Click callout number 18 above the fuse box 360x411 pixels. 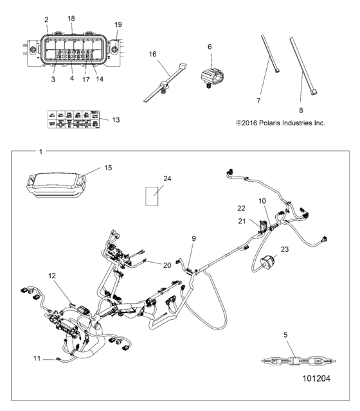click(x=71, y=19)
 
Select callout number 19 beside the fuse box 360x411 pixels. click(x=118, y=24)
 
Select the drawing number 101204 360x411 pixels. click(x=315, y=380)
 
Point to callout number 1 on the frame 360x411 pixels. click(x=41, y=152)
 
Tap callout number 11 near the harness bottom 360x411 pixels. click(x=37, y=358)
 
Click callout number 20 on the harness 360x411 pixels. click(x=167, y=265)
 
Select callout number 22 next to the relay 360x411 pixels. click(x=241, y=207)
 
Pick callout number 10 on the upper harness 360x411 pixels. click(x=262, y=201)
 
